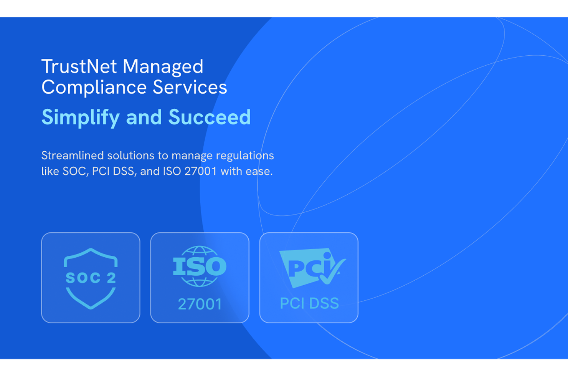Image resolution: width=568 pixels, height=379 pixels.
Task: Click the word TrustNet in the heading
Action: tap(79, 66)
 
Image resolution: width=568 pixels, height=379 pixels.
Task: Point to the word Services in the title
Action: tap(190, 87)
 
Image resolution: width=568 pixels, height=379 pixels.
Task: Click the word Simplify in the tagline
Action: tap(81, 118)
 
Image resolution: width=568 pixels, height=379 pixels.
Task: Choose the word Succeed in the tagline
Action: tap(210, 117)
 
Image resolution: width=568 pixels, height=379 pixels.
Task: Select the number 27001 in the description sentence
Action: tap(200, 171)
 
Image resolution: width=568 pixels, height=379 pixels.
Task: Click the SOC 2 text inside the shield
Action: tap(91, 278)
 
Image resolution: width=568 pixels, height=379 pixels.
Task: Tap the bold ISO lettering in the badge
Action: tap(200, 266)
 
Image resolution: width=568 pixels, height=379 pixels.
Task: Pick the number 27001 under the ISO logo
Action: tap(200, 304)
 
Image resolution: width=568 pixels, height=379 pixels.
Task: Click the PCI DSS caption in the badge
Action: tap(309, 303)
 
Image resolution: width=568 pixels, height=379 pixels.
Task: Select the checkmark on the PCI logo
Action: tap(332, 271)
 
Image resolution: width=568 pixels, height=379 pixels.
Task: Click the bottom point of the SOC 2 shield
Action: tap(91, 308)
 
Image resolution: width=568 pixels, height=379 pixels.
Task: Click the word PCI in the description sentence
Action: tap(101, 172)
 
